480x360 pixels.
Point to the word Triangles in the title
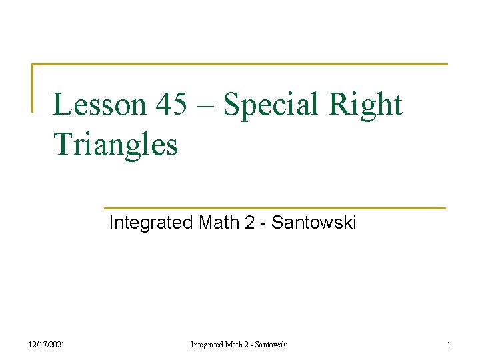point(115,144)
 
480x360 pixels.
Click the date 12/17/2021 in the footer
point(46,344)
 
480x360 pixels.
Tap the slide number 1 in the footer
point(448,344)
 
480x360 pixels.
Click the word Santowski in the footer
point(271,344)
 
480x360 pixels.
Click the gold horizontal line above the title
point(240,65)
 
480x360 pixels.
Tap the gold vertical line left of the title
point(33,87)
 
